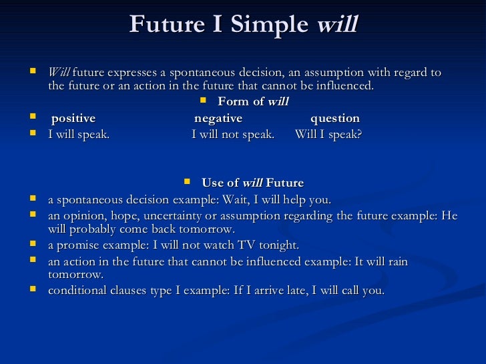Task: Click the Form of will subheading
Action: tap(253, 101)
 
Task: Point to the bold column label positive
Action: tap(73, 119)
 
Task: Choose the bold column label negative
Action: tap(218, 119)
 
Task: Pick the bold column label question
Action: tap(335, 119)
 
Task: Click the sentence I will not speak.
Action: tap(233, 135)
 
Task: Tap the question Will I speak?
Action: tap(328, 135)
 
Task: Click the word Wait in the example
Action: tap(222, 200)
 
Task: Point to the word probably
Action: tap(96, 229)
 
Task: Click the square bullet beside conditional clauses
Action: tap(33, 290)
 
